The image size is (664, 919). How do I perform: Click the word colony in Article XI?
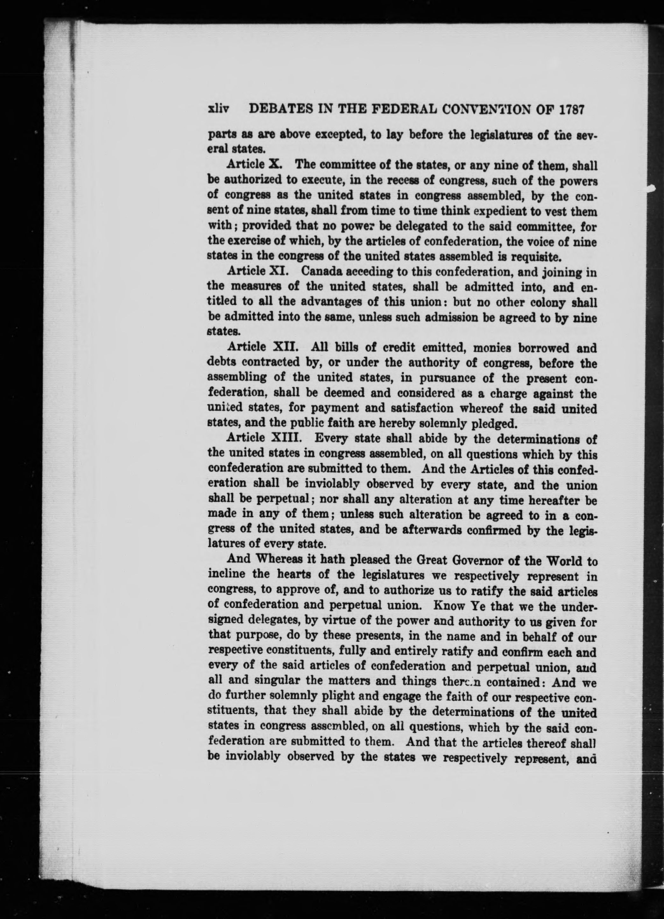(x=552, y=302)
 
